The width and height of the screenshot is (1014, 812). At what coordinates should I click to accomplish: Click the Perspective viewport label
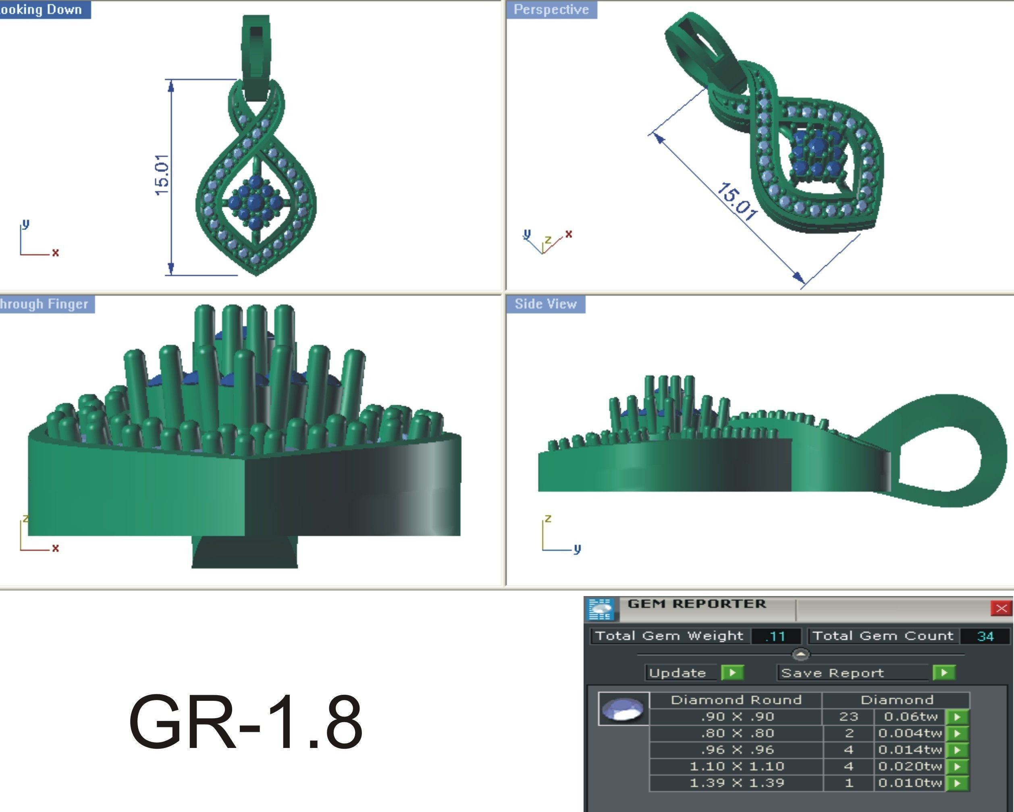pos(551,9)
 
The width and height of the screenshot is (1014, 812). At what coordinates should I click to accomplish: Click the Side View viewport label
pos(545,304)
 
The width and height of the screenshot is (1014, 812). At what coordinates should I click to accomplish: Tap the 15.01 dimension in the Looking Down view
pos(161,175)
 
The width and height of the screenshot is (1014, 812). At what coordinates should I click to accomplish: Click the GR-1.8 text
pos(245,722)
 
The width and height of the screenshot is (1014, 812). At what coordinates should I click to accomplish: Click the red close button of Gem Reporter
pos(1001,609)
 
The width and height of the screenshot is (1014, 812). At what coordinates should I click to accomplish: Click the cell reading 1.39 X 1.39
pos(736,783)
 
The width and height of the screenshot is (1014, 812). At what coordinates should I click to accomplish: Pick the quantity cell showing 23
pos(848,717)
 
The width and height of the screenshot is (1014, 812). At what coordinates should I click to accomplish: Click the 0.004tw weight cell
pos(910,733)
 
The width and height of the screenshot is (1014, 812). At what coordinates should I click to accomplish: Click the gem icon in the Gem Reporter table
pos(623,708)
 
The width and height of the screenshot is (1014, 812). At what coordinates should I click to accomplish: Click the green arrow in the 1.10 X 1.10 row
pos(957,766)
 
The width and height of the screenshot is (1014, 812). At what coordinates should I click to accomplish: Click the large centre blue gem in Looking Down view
pos(255,203)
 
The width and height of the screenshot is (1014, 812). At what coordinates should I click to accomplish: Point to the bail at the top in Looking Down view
pos(256,56)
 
